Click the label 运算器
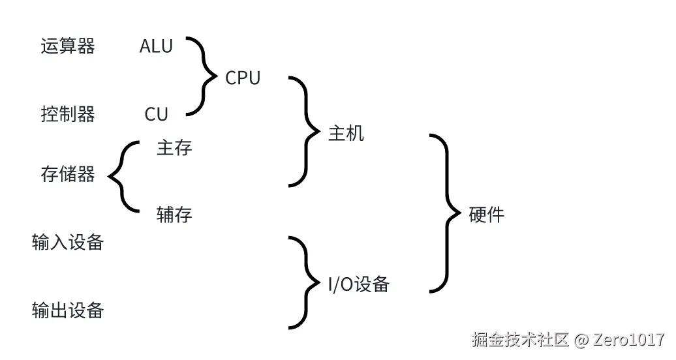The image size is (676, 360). (x=68, y=46)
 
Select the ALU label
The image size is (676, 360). (x=156, y=46)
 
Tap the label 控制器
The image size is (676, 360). (x=68, y=115)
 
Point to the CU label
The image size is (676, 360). (x=157, y=115)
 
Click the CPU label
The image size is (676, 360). (x=243, y=78)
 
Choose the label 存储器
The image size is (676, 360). (x=68, y=174)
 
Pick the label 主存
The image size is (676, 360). (x=174, y=148)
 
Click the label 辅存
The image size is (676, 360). (x=174, y=214)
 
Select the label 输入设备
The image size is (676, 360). (x=68, y=243)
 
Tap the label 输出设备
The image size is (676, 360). (x=68, y=310)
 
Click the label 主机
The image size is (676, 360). (x=346, y=134)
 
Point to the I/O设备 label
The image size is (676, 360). (x=358, y=284)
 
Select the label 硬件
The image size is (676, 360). (x=487, y=215)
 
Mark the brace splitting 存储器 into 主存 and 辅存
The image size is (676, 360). (x=121, y=176)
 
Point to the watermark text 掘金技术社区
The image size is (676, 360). (x=520, y=340)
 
